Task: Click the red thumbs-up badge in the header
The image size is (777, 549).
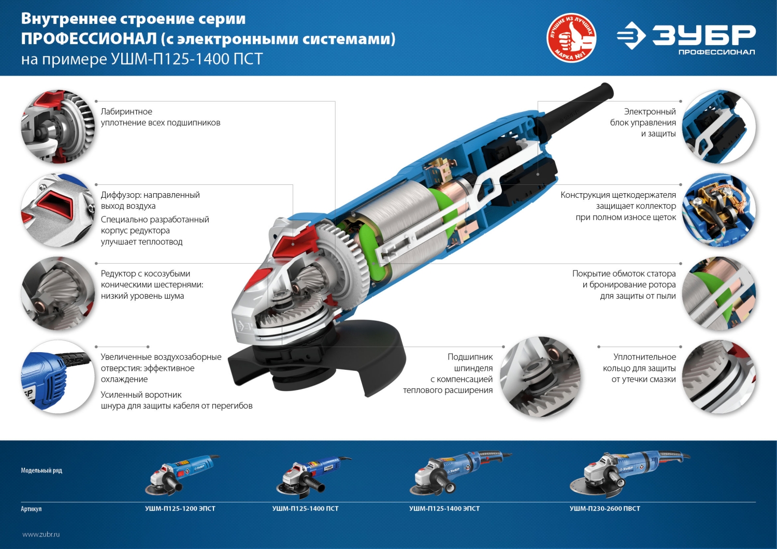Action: tap(571, 38)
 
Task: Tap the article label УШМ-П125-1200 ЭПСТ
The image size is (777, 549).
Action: tap(180, 509)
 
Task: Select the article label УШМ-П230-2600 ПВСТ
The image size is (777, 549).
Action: tap(605, 509)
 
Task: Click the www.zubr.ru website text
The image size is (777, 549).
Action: tap(41, 534)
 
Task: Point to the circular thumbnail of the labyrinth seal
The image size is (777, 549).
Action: tap(57, 126)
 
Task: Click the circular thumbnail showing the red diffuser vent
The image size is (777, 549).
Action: tap(57, 210)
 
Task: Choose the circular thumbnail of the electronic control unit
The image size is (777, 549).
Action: tap(718, 126)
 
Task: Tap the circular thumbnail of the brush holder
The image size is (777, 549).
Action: tap(718, 210)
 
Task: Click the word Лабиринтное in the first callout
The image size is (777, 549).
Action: tap(126, 112)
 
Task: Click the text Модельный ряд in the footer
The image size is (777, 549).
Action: tap(41, 470)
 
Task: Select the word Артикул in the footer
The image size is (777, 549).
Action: tap(31, 509)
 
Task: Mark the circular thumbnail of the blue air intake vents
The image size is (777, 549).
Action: tap(57, 377)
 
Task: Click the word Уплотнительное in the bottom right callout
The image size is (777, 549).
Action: tap(644, 357)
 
